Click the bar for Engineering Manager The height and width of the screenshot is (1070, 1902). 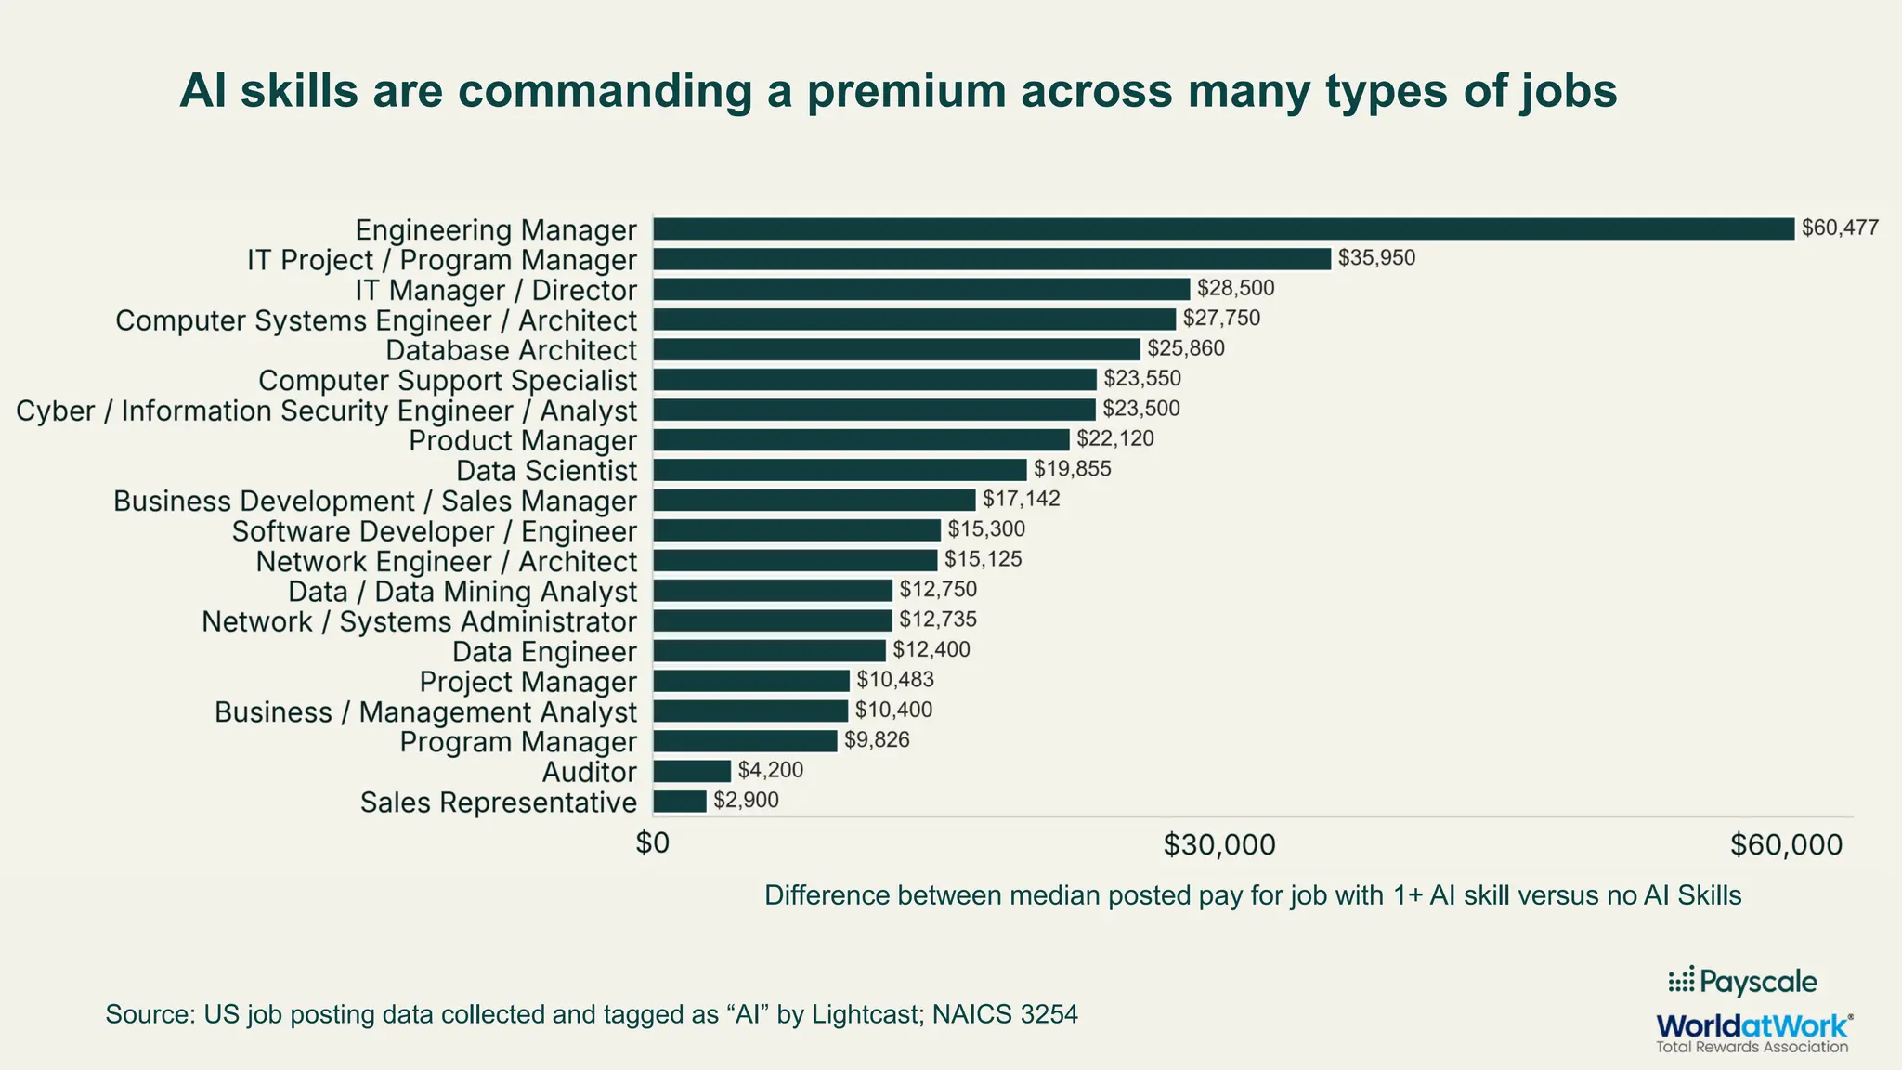[1223, 229]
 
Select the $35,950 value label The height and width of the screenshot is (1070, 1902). [1376, 258]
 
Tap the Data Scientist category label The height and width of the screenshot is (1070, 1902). [546, 471]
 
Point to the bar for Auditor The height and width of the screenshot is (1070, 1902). [692, 772]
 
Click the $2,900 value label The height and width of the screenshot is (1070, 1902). [746, 801]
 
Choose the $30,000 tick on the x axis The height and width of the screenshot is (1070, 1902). [1219, 845]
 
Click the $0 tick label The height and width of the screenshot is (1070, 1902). [652, 843]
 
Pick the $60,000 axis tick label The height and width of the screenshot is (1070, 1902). [1786, 845]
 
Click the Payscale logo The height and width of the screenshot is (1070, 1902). [1742, 982]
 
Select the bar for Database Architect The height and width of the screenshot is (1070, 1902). [896, 349]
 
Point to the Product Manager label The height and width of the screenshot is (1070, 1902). [523, 440]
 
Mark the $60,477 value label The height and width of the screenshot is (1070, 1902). [1840, 228]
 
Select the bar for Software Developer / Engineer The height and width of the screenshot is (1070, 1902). [797, 530]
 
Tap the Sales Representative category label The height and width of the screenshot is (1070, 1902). [498, 802]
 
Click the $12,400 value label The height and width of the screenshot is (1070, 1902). [931, 650]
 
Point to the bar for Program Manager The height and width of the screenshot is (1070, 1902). [745, 741]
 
